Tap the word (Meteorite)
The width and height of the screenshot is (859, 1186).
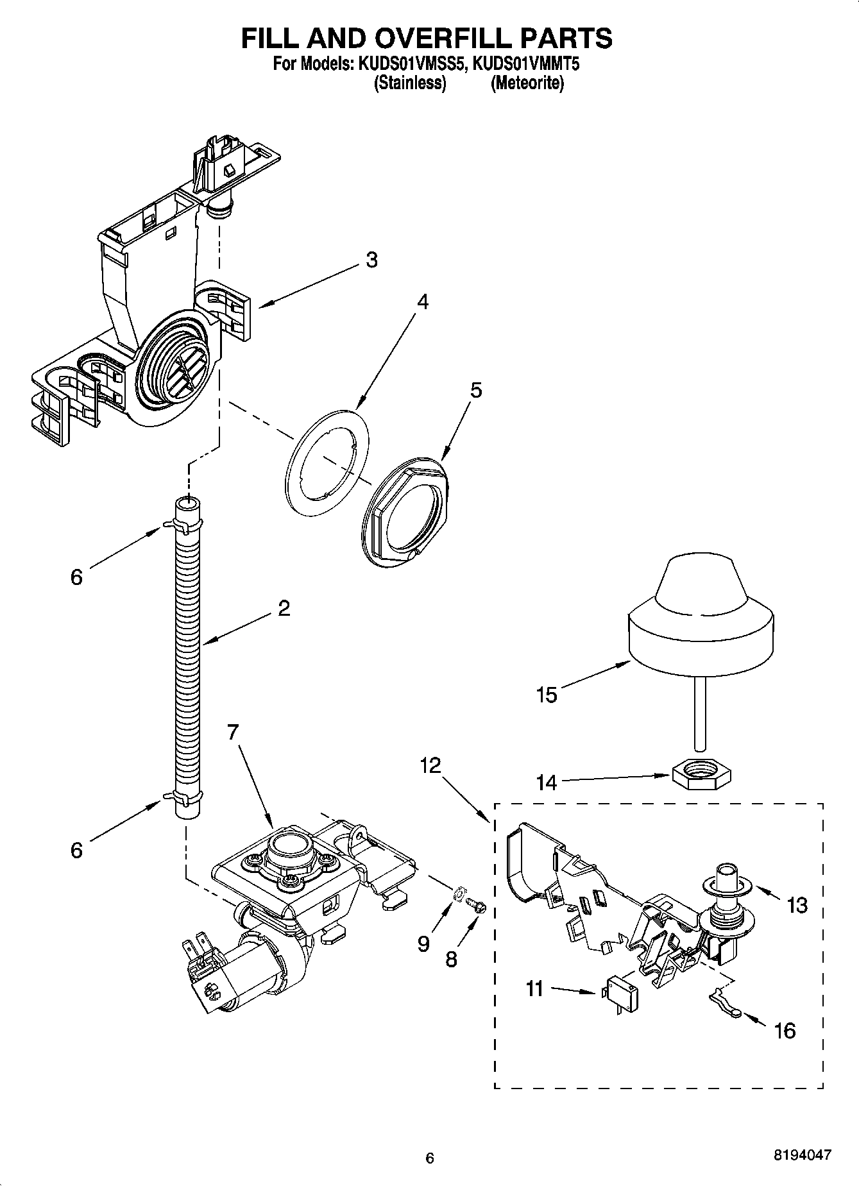tap(527, 83)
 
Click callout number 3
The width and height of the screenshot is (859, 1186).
tap(371, 260)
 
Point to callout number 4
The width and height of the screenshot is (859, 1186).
tap(421, 301)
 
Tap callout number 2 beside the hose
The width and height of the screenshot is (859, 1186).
tap(284, 607)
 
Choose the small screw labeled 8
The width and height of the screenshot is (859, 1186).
tap(476, 906)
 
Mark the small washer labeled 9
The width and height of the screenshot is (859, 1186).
tap(459, 893)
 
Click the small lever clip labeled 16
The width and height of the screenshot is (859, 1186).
tap(726, 1012)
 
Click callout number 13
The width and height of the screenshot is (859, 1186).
tap(797, 905)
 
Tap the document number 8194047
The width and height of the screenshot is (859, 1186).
tap(801, 1154)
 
